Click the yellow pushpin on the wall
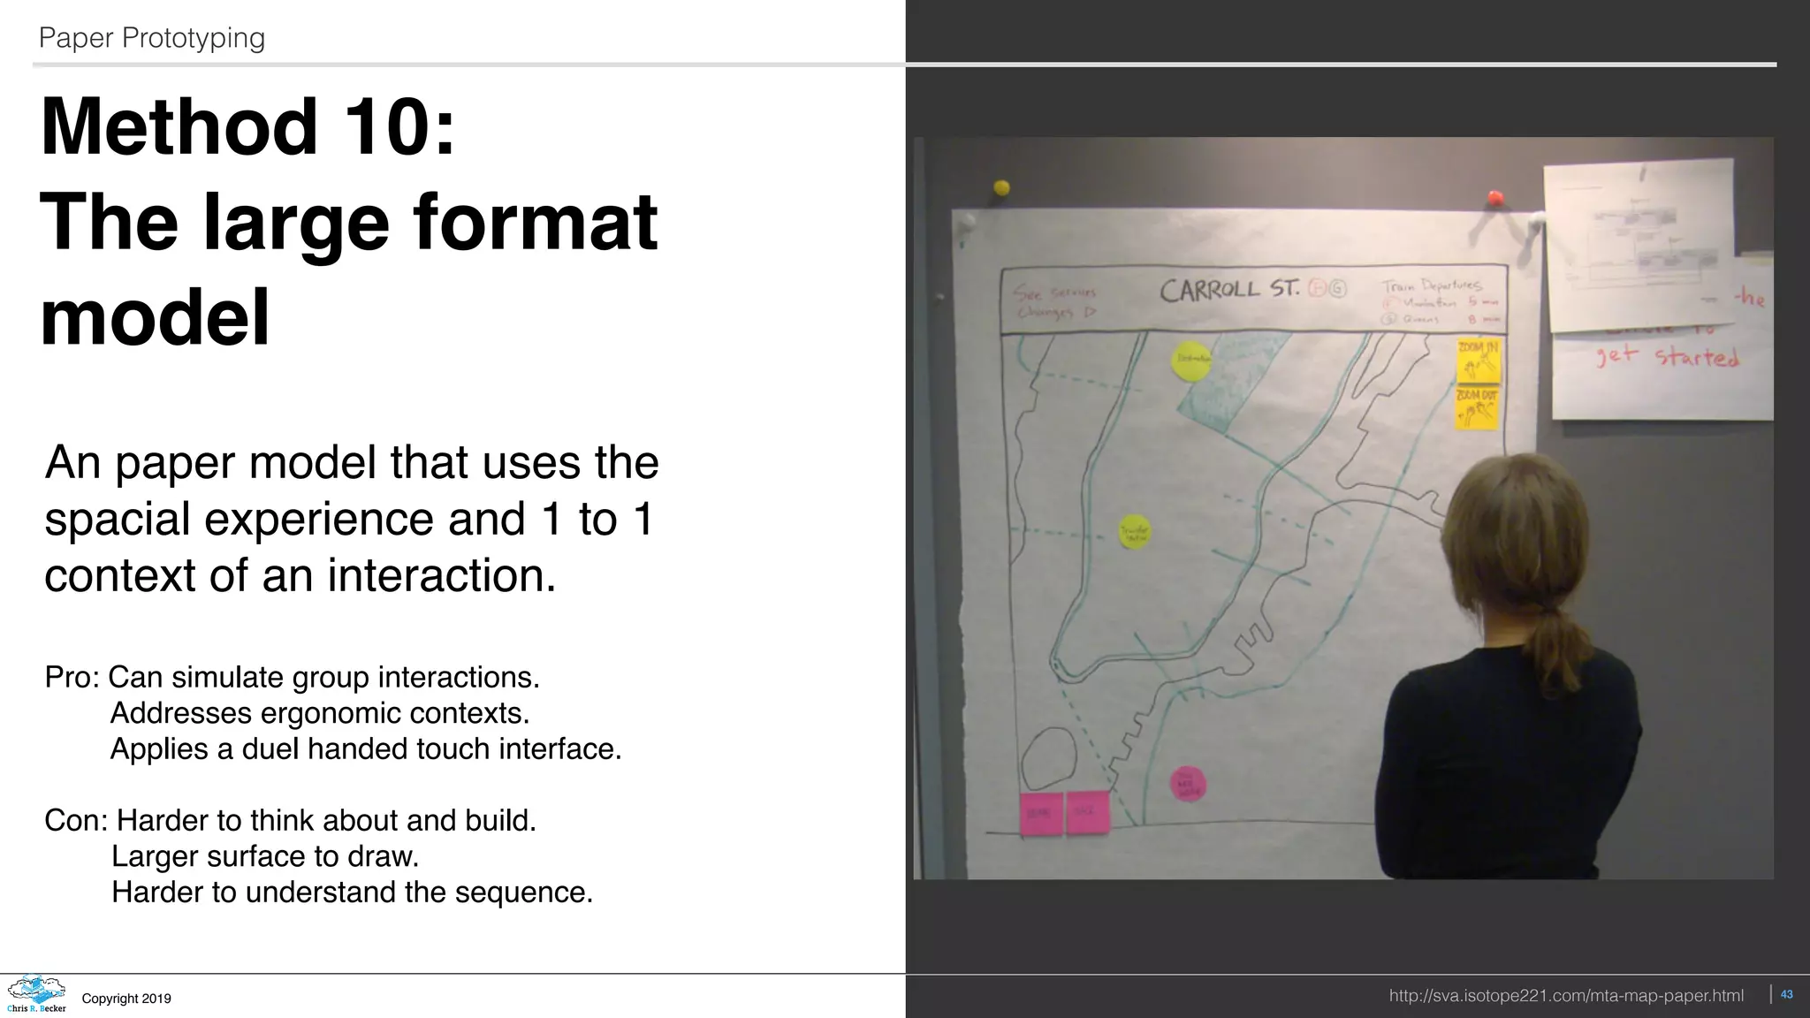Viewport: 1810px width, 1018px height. point(1001,187)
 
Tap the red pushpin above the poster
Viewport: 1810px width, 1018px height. point(1495,197)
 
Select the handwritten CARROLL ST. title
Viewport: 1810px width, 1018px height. point(1229,290)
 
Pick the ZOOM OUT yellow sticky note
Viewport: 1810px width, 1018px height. point(1477,408)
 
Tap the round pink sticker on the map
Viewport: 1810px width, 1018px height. point(1188,784)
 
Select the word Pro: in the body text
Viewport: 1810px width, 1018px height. point(72,678)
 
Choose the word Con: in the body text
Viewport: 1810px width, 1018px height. point(75,821)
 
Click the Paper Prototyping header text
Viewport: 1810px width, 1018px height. point(152,38)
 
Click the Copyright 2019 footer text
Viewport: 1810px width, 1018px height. point(126,999)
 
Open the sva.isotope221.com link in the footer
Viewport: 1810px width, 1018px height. point(1566,996)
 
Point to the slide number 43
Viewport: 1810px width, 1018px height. point(1786,995)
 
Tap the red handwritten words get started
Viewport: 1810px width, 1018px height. point(1667,357)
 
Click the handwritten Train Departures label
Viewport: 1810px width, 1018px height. point(1432,285)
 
